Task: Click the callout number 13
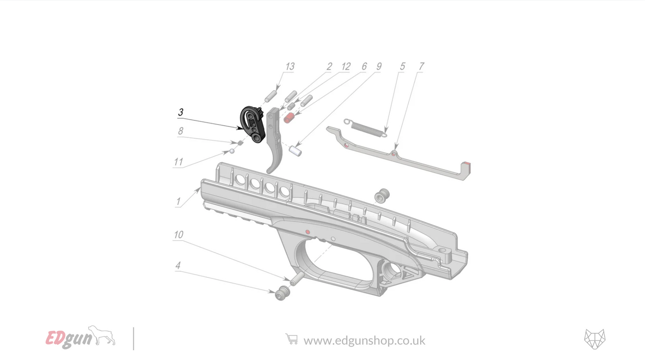click(x=290, y=66)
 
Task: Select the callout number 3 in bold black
click(x=180, y=112)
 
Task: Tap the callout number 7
click(x=420, y=66)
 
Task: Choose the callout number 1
click(x=178, y=201)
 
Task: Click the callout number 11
click(x=178, y=162)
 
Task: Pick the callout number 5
click(x=402, y=66)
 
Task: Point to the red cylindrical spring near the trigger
click(x=289, y=118)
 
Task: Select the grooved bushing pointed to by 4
click(x=282, y=294)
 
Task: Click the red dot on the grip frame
click(x=308, y=232)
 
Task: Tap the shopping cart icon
click(x=291, y=340)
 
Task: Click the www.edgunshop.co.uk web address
click(x=364, y=341)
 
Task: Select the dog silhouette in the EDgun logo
click(x=103, y=336)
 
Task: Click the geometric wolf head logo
click(x=595, y=339)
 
